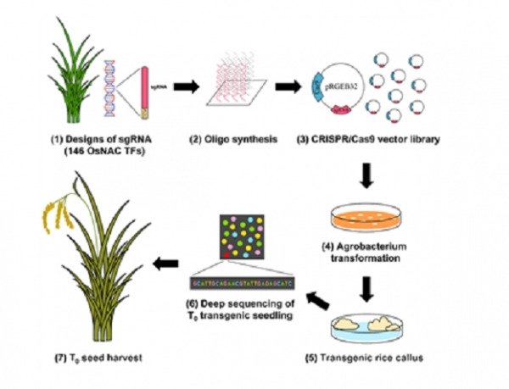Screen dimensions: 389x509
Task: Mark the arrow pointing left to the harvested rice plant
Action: [x=162, y=266]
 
